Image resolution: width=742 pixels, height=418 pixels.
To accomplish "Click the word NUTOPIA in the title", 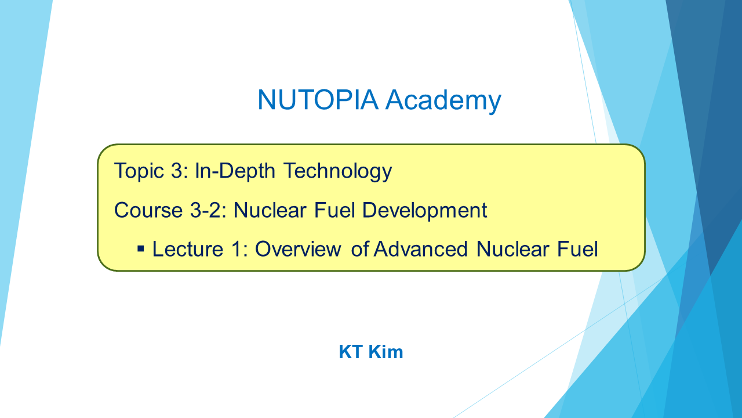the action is [318, 99].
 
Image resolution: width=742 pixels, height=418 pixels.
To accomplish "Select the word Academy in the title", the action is [443, 101].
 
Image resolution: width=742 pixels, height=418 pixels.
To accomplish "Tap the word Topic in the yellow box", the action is [139, 171].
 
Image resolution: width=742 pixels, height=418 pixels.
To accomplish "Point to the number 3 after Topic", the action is [177, 171].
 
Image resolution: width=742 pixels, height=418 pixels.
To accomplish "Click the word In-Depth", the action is [235, 171].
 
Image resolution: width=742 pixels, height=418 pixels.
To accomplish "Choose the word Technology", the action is [338, 171].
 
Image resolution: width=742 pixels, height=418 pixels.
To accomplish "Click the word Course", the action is [148, 210].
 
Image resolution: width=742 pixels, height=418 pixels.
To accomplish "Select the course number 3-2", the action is [207, 210].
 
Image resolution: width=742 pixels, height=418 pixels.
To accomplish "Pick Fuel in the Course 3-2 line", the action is [334, 210].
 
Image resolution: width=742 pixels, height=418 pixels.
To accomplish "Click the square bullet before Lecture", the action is [141, 249].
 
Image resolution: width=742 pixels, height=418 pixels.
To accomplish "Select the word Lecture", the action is [188, 249].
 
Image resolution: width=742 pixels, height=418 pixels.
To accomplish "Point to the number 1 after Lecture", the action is [237, 249].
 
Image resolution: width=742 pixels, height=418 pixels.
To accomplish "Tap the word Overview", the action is [298, 249].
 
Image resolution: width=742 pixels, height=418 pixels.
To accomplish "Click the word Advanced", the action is [421, 249].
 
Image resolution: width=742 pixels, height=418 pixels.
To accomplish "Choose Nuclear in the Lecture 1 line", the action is [513, 249].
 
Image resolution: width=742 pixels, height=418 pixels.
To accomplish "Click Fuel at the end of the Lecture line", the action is [578, 249].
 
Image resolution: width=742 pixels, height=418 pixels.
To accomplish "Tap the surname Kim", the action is [386, 352].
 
